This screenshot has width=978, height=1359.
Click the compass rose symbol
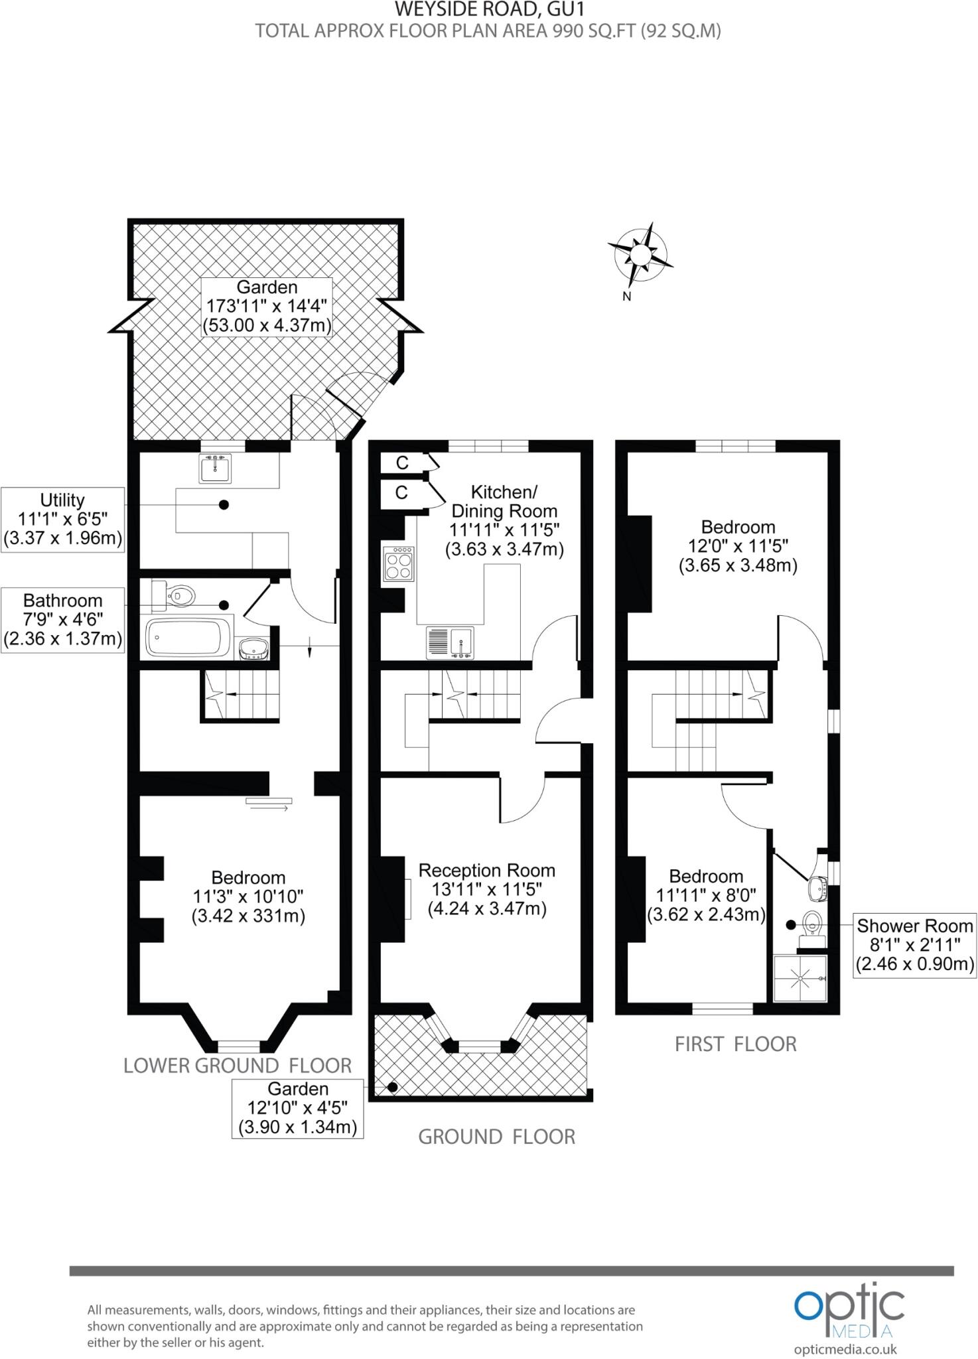[x=640, y=256]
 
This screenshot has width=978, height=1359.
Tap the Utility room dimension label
[x=63, y=519]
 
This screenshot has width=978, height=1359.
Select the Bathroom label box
[x=63, y=619]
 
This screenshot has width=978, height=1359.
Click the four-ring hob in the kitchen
[x=398, y=565]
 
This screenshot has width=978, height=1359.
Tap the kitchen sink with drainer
[x=450, y=642]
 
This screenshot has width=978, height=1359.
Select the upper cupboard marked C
[x=402, y=463]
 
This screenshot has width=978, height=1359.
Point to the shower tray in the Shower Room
[x=800, y=978]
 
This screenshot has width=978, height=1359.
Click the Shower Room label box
[x=914, y=944]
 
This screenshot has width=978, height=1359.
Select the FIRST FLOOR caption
[x=735, y=1044]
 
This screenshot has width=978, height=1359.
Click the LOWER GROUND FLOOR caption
[x=238, y=1066]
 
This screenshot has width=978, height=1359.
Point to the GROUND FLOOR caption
[x=496, y=1137]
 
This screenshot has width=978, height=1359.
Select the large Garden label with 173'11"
[x=267, y=307]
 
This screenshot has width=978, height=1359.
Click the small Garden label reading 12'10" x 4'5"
[x=298, y=1108]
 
